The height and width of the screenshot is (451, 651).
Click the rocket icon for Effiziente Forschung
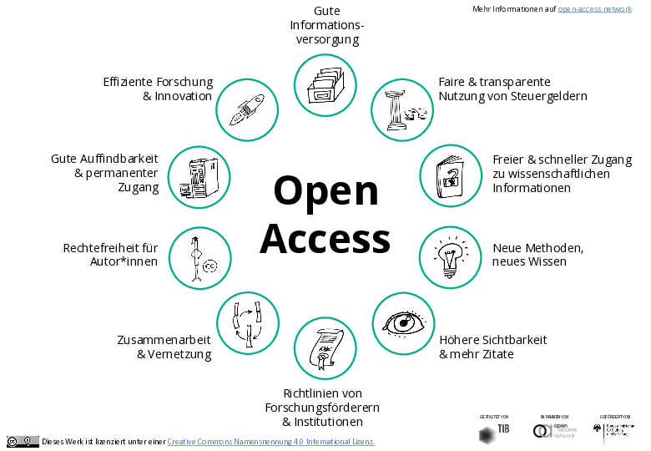[247, 109]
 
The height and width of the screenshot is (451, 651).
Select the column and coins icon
[401, 109]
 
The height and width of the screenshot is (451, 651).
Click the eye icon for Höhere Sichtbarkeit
[402, 322]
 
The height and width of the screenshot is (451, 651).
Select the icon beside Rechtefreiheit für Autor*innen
[200, 256]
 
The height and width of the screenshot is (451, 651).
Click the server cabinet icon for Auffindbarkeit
[199, 177]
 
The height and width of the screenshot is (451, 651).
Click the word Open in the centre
[325, 190]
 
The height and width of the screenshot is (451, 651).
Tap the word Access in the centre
[325, 239]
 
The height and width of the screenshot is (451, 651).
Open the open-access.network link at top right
[594, 8]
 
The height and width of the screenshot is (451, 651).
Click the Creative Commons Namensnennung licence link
[270, 441]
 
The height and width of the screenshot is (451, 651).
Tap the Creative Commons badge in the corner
[23, 441]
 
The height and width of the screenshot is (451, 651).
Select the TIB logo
[493, 432]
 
